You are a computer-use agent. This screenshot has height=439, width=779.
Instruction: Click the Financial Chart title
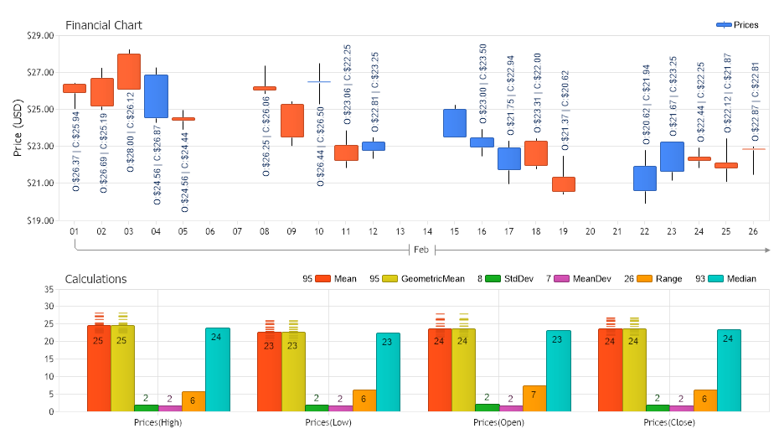(x=104, y=25)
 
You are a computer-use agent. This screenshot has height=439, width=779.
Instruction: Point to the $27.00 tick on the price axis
(x=41, y=73)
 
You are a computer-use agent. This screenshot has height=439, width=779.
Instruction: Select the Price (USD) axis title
(x=18, y=128)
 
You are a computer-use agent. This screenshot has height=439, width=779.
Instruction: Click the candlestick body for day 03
(x=128, y=71)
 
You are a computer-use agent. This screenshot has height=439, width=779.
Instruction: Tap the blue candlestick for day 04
(x=156, y=96)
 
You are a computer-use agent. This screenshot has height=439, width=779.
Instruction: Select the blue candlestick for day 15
(x=454, y=123)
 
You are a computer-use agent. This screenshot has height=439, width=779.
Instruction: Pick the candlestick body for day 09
(x=291, y=121)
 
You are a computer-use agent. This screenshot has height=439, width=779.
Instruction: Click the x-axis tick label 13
(x=400, y=231)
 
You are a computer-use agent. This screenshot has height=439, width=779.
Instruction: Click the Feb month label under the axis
(x=421, y=250)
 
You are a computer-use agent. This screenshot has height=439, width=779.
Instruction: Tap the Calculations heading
(x=95, y=279)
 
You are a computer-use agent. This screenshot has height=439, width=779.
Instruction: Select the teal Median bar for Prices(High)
(x=217, y=369)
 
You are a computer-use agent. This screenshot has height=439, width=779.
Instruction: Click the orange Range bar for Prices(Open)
(x=534, y=398)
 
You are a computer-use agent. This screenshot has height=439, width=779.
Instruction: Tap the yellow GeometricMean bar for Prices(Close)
(x=634, y=369)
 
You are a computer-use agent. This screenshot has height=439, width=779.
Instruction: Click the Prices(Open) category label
(x=498, y=422)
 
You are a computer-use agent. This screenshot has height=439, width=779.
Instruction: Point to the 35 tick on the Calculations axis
(x=48, y=289)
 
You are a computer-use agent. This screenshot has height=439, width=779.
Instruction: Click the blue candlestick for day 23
(x=672, y=157)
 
